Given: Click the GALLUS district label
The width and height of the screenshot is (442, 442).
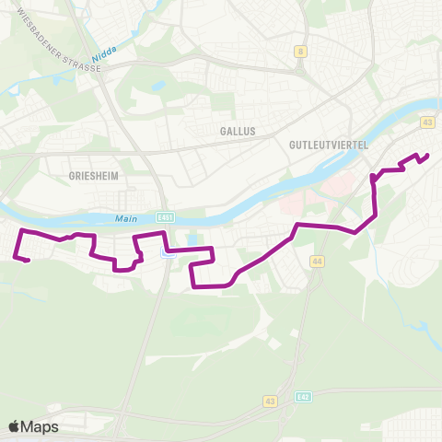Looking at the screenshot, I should pos(238,132).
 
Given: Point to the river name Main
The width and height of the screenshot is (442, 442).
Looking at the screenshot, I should pos(125,218).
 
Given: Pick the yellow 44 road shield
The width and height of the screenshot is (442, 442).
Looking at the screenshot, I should pos(318,262).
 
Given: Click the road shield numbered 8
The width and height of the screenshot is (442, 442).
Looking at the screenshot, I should pos(300,52).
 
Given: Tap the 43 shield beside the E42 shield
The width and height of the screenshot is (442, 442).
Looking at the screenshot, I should pos(270,401).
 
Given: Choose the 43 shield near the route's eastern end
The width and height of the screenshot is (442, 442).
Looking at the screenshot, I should pos(426,122).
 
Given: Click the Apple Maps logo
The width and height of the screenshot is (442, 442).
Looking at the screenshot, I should pos(33,426).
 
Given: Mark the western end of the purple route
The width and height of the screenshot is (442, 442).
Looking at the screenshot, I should pos(29,262).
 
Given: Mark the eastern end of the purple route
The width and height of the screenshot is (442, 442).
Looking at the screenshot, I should pos(428,155).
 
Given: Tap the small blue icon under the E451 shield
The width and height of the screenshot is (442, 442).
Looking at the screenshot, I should pos(167,255).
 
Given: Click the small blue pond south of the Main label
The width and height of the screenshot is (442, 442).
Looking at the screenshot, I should pos(192,241).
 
